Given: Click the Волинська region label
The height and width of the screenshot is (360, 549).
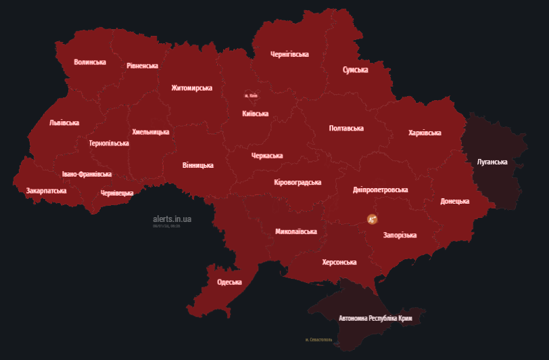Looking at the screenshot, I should coord(90,62).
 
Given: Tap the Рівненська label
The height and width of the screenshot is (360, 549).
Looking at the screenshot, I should coord(142,66).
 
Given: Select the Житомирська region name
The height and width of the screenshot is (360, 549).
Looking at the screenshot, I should coord(191,88).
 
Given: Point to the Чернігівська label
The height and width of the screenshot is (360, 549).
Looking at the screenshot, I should coord(289,54).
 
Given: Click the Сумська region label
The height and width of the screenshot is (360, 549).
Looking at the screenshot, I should coord(355,70).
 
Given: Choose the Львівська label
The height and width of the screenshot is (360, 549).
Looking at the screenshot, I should coord(64,123).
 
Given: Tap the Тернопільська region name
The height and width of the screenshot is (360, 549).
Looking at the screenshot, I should coord(109,143).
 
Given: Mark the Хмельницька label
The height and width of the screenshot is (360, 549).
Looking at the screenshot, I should coord(151,132).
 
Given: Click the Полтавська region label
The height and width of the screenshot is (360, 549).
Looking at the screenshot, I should coord(346,129).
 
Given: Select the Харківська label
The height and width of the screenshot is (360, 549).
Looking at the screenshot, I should coord(425,133).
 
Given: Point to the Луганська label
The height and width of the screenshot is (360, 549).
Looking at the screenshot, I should coord(492,162).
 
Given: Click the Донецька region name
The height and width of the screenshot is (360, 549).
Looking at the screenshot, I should coord(454,202).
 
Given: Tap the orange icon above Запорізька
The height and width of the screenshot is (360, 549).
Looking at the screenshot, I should coord(372,219).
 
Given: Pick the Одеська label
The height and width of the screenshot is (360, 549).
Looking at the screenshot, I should coord(229,282).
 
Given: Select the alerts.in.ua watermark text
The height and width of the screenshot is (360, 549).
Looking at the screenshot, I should coord(172,219).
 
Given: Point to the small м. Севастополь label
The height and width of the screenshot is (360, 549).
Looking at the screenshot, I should coord(318,340).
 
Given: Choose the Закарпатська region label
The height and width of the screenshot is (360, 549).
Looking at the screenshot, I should coord(46,191).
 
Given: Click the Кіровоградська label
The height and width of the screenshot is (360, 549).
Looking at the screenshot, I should coord(297,183).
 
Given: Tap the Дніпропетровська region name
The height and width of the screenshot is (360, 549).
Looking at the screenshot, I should coord(380,190).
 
